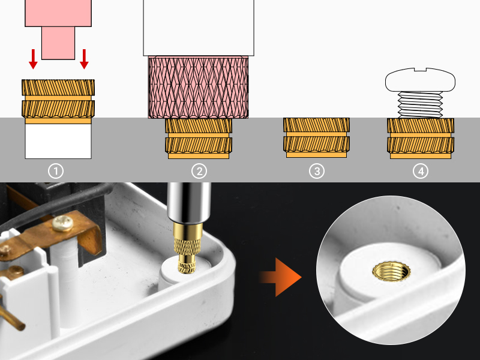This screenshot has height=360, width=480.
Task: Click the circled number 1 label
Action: coord(56,171)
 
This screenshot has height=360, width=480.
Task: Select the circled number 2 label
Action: coord(199,171)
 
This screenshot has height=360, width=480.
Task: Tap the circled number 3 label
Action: coord(316,171)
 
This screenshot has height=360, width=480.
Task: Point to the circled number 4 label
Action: coord(421,171)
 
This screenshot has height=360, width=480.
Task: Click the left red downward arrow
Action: coord(33,58)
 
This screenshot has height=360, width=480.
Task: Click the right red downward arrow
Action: coord(84,58)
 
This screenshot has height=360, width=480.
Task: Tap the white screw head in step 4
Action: coord(421,80)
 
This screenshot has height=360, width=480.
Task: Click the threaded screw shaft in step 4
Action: coord(421,104)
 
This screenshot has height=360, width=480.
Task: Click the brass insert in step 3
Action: coord(316,137)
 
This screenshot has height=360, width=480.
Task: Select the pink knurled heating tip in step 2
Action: coord(199,86)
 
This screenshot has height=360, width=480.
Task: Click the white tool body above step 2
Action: coord(199,27)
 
